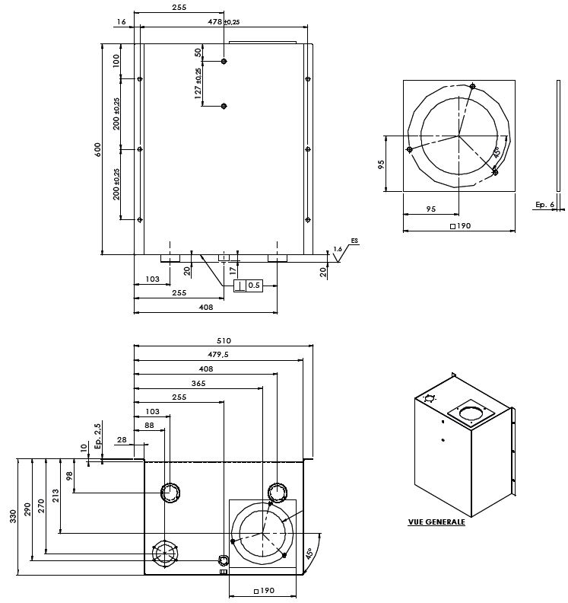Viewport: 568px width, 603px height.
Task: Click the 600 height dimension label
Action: coord(97,149)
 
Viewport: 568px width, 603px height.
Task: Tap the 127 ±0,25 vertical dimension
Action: coord(198,84)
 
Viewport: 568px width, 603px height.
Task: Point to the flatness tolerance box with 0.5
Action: coord(247,285)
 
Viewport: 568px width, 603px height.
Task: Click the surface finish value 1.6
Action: coord(338,249)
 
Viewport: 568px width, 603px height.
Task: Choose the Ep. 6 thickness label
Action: coord(544,204)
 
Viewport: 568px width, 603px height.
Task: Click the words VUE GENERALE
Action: coord(436,522)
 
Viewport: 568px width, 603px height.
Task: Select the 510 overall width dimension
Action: coord(223,340)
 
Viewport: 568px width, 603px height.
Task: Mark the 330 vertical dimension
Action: coord(13,516)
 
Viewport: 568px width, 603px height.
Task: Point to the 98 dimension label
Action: coord(69,476)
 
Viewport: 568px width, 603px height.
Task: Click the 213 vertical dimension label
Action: coord(56,496)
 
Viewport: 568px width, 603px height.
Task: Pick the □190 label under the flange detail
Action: coord(460,226)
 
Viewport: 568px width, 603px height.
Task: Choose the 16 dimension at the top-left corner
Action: coord(122,22)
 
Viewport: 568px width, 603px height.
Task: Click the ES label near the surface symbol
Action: coord(354,241)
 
